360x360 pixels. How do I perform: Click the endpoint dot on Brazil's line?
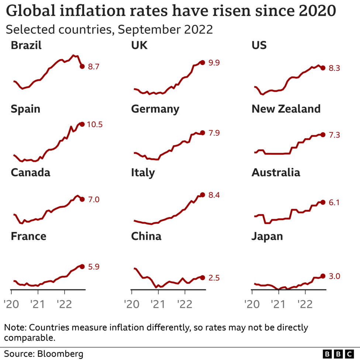(82, 66)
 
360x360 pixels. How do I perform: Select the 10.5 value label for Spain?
(95, 125)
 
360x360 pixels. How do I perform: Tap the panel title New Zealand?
(286, 109)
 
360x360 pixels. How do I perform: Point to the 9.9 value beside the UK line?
(214, 63)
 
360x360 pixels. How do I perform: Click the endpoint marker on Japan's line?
(323, 276)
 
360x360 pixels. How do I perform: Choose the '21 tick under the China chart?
(158, 304)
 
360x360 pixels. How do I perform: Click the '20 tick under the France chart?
(11, 304)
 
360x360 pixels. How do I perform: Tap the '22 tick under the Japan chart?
(305, 304)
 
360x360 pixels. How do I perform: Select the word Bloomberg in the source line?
(60, 354)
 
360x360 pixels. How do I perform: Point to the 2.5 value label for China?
(214, 278)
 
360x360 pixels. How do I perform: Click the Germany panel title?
(155, 109)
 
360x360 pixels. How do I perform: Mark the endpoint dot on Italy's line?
(202, 195)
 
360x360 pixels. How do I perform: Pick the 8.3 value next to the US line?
(334, 68)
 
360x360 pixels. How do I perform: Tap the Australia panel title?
(276, 173)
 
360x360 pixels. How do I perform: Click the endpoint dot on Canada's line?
(82, 199)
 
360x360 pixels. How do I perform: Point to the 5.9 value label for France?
(94, 267)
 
